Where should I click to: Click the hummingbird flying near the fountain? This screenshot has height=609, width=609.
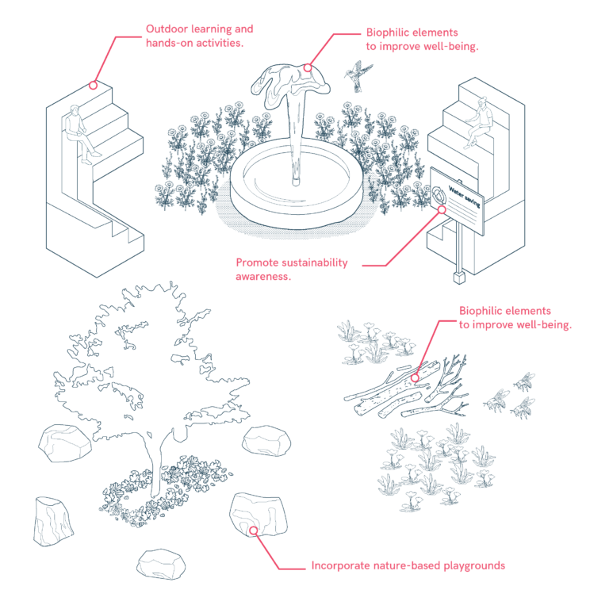coord(358,75)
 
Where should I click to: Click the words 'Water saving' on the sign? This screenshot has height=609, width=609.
coord(465,197)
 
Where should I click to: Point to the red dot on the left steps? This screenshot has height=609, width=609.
coord(93,85)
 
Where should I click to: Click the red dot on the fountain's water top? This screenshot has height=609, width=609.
coord(308,67)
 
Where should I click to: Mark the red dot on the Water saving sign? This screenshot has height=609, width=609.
coord(442,209)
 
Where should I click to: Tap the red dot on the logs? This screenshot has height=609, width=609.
coord(415,377)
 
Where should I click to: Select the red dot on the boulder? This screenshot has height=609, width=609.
coord(253,530)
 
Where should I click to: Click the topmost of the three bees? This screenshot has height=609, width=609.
coord(525,381)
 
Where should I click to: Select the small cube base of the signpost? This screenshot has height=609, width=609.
coord(459,278)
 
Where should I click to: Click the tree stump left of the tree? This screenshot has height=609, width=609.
coord(52,521)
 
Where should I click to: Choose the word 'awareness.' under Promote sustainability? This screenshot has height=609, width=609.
coord(263,277)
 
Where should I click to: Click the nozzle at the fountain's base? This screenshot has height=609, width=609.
coord(296,181)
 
